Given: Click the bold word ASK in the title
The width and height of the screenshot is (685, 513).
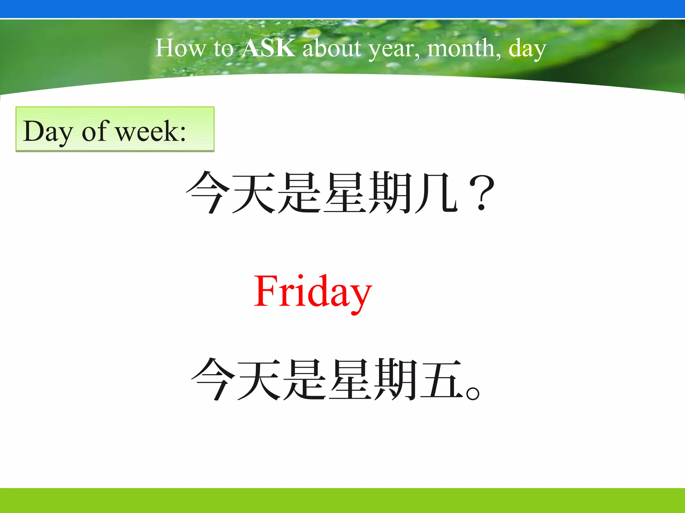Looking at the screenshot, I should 269,48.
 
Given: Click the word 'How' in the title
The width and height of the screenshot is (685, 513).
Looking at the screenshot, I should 181,48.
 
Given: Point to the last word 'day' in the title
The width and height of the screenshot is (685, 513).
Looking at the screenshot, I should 527,49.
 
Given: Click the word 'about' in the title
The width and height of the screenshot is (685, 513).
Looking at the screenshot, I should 331,48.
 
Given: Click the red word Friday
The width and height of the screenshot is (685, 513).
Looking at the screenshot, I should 313,291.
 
